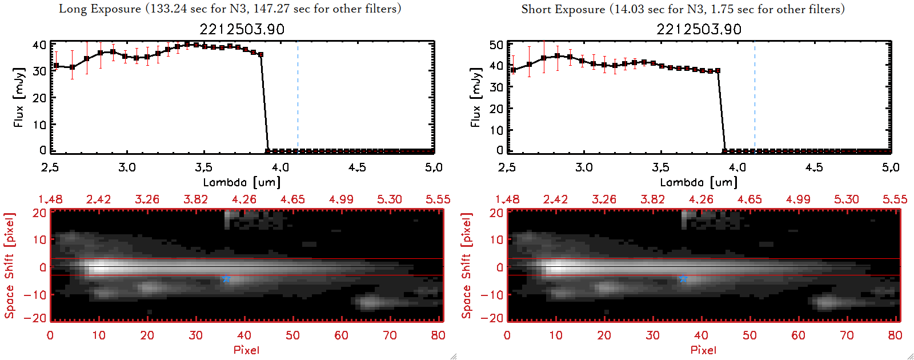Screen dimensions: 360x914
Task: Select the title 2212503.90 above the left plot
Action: tap(242, 30)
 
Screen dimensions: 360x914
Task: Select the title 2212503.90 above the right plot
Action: tap(699, 30)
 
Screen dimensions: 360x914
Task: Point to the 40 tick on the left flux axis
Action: tap(39, 45)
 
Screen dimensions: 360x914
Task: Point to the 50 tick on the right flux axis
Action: tap(496, 45)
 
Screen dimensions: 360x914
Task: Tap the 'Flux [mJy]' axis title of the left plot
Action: tap(19, 97)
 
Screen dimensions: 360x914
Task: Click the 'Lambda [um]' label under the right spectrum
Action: tap(699, 182)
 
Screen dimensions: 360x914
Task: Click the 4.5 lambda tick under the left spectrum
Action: tap(357, 167)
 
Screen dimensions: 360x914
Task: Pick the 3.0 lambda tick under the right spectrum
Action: tap(584, 167)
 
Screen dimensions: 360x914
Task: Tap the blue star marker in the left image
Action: tap(226, 278)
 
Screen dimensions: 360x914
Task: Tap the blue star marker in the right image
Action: tap(683, 278)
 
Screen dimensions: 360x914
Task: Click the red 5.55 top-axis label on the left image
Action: tap(438, 199)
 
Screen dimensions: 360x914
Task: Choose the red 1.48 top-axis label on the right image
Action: tap(507, 199)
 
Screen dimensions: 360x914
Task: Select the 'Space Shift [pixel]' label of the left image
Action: tap(9, 266)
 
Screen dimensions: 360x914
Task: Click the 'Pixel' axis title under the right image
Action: tap(703, 350)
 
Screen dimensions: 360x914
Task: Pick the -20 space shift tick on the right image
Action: tap(495, 318)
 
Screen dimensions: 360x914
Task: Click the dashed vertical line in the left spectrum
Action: tap(298, 97)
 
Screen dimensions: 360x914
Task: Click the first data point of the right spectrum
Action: tap(513, 70)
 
